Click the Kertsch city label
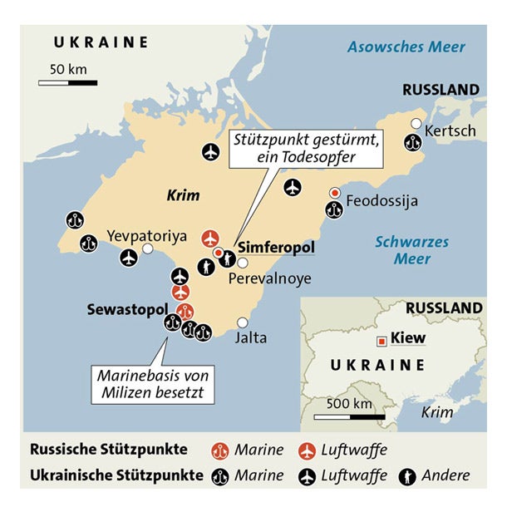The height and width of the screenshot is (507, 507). tap(450, 131)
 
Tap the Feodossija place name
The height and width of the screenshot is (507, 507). tap(381, 201)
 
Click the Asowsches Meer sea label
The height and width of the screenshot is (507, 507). tap(406, 47)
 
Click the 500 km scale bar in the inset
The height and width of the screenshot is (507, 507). tap(349, 416)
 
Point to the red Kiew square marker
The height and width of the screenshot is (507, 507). tap(381, 339)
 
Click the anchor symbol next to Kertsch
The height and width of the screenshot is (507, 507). tap(411, 142)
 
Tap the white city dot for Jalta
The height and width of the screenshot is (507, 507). tap(243, 322)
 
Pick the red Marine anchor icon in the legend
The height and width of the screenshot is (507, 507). tap(221, 450)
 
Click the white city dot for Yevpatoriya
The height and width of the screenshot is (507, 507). tap(147, 249)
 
